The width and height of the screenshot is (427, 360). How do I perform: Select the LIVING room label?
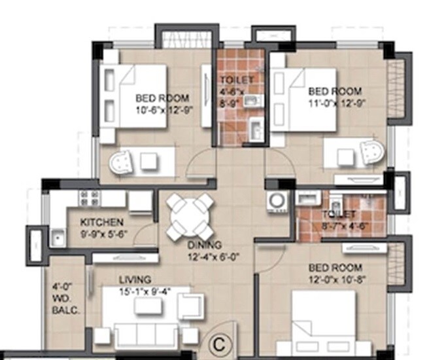135,279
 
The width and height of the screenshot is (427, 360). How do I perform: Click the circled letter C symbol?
219,342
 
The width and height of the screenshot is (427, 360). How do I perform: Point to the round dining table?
190,217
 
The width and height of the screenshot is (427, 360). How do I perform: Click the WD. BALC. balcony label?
66,299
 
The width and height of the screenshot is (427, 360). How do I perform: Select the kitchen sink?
58,239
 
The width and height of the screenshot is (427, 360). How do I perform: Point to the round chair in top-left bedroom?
122,160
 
